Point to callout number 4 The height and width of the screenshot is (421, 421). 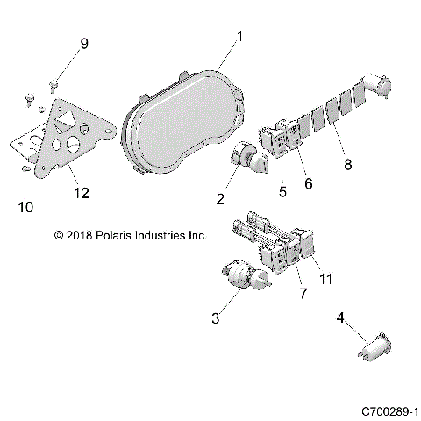tap(340, 321)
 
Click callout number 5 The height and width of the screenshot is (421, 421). tap(282, 189)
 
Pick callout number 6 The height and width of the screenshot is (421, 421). tap(309, 184)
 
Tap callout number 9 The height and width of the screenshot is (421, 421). tap(84, 44)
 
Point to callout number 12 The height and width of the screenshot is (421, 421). tap(81, 192)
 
